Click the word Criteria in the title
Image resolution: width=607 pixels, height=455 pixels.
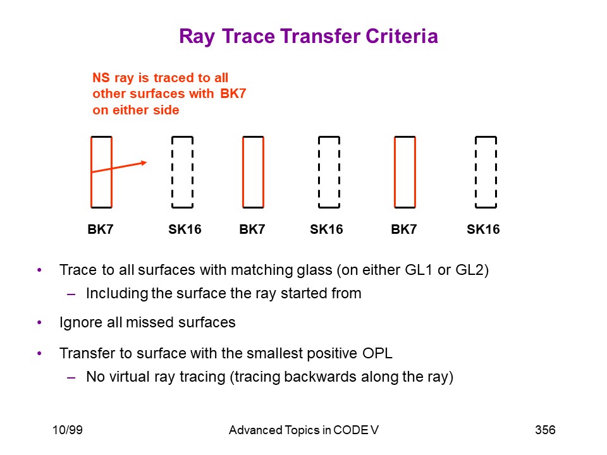click(402, 37)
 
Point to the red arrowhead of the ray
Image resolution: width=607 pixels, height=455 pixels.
click(144, 163)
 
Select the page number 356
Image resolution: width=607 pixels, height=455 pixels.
click(545, 430)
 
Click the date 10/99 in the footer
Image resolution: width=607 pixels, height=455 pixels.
click(68, 430)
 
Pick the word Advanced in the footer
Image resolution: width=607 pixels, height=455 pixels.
click(255, 430)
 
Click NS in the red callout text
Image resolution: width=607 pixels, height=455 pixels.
click(101, 78)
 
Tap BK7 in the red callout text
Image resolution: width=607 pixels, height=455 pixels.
click(233, 94)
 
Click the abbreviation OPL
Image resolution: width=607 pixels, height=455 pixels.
click(377, 353)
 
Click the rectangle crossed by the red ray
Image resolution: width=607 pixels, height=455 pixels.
click(91, 172)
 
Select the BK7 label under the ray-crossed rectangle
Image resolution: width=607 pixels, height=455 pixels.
click(101, 229)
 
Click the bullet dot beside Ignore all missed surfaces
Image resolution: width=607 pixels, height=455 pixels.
click(39, 322)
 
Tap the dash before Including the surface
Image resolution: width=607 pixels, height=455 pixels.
click(71, 294)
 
